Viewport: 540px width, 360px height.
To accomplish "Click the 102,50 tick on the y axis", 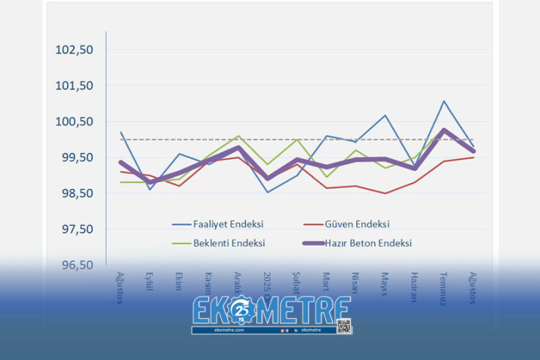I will tap(75, 50).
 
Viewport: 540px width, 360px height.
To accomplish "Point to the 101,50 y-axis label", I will tap(75, 86).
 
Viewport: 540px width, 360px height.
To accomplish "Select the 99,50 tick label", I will tap(76, 158).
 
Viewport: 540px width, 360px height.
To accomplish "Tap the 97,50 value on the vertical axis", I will tap(76, 229).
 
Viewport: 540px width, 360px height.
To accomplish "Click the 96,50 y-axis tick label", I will tap(76, 265).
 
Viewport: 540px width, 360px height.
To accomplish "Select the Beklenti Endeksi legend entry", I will tap(229, 243).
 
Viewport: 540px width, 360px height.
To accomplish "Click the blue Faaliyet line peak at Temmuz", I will tap(444, 102).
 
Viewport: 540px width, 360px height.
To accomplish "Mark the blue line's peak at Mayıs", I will tap(385, 115).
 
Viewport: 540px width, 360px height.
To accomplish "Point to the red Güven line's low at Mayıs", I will tap(385, 193).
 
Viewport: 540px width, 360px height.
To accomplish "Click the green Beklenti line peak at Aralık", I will tap(238, 136).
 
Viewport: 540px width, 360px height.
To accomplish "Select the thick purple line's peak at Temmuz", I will tap(444, 130).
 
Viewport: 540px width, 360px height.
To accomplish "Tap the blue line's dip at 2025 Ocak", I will tap(268, 192).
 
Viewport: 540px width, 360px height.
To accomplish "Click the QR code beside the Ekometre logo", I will tap(343, 325).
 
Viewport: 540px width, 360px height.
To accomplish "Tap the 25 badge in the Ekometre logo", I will tap(243, 310).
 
